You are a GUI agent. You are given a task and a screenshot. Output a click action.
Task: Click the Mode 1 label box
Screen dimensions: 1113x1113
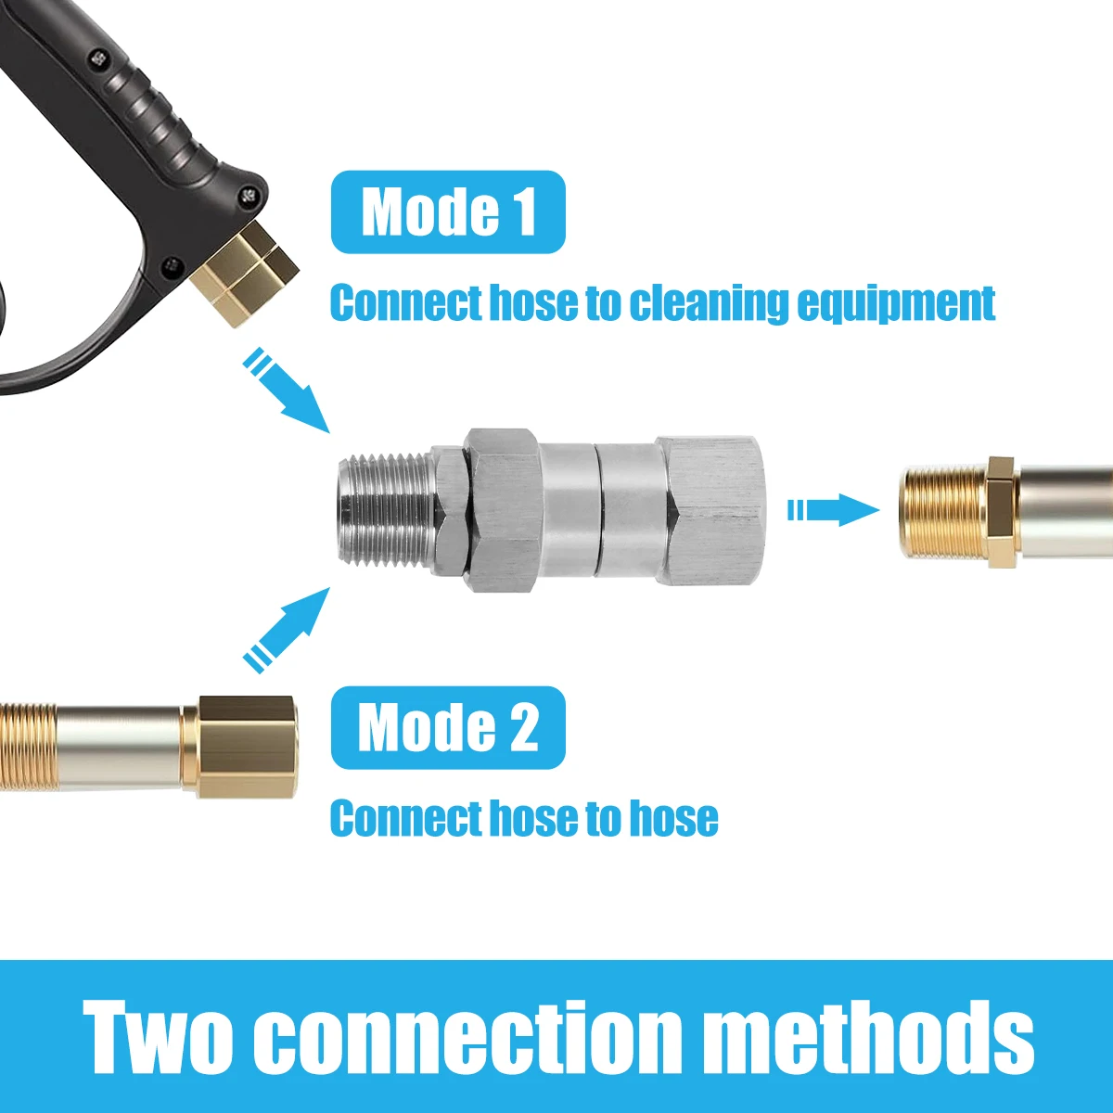tap(448, 211)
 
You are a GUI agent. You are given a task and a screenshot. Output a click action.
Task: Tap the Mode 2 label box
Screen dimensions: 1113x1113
tap(448, 727)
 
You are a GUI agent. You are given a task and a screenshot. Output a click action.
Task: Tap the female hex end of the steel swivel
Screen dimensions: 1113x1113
tap(710, 509)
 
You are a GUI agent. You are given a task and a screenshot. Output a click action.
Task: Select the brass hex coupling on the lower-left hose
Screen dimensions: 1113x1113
tap(249, 747)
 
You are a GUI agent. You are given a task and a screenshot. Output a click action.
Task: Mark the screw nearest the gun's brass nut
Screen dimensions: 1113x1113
tap(247, 195)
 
